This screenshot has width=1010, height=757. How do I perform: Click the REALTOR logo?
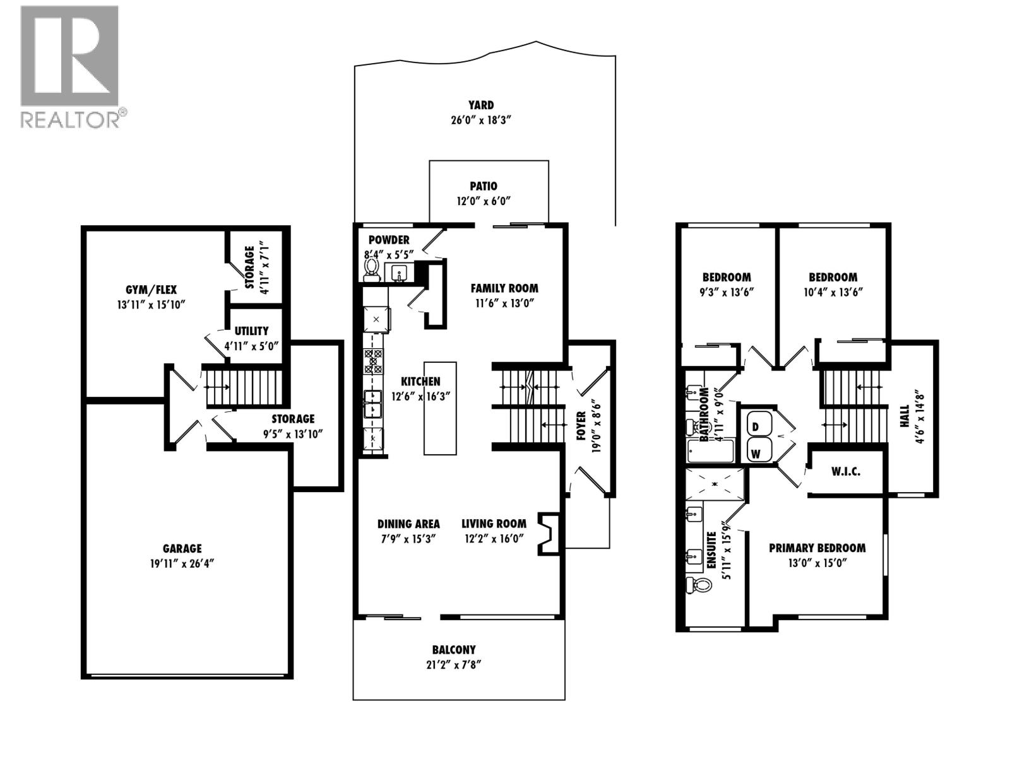click(x=69, y=66)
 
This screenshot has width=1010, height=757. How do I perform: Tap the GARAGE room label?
click(x=182, y=549)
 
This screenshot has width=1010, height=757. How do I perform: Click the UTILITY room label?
click(x=251, y=331)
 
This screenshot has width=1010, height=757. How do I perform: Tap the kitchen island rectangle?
click(x=439, y=408)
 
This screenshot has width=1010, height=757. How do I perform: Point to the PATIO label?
click(x=483, y=186)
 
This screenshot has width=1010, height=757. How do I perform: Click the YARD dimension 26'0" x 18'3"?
click(x=481, y=120)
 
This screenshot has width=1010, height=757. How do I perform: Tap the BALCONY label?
click(x=454, y=649)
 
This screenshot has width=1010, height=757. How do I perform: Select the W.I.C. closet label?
click(x=845, y=471)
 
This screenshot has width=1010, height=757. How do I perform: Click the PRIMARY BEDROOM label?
click(x=817, y=548)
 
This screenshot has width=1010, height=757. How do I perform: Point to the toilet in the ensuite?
click(x=696, y=585)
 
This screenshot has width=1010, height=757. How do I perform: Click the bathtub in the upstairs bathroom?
click(x=710, y=451)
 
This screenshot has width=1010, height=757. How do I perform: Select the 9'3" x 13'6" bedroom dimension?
click(x=727, y=292)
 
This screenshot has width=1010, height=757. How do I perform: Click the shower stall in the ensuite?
click(x=715, y=484)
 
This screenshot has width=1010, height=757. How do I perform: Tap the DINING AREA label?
click(x=408, y=524)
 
